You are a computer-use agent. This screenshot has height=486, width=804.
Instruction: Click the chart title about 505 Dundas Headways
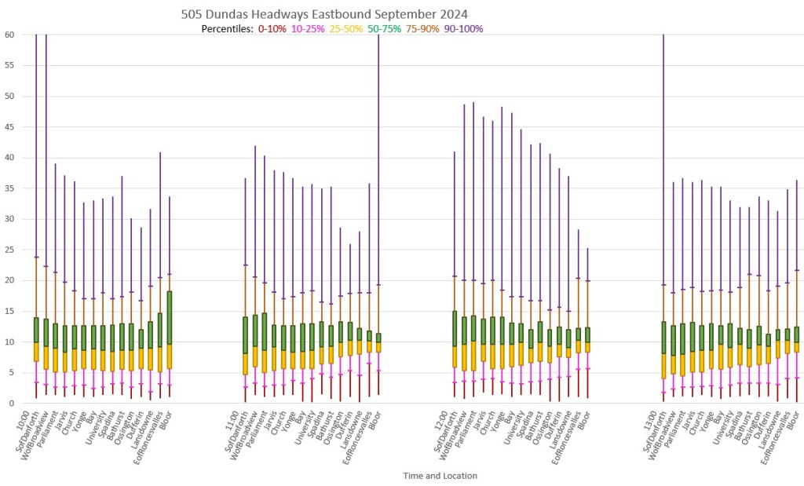(x=325, y=14)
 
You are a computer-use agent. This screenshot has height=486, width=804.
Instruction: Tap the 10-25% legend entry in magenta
(x=308, y=29)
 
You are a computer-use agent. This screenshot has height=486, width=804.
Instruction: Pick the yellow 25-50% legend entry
(x=346, y=29)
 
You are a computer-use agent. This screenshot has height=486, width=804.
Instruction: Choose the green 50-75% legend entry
(x=385, y=29)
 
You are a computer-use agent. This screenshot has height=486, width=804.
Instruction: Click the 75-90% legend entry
(x=424, y=29)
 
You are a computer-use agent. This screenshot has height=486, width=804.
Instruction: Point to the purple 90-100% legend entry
(x=464, y=29)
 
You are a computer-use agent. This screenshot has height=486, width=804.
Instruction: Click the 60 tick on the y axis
(x=10, y=35)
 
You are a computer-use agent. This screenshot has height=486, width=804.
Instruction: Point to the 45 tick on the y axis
(x=10, y=127)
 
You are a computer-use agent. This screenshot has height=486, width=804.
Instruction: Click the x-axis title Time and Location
(x=440, y=476)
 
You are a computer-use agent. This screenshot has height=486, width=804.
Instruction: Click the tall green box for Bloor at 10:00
(x=170, y=318)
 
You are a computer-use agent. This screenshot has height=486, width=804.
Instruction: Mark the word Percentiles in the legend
(x=226, y=29)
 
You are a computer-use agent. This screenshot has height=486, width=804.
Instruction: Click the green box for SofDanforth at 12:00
(x=455, y=328)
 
